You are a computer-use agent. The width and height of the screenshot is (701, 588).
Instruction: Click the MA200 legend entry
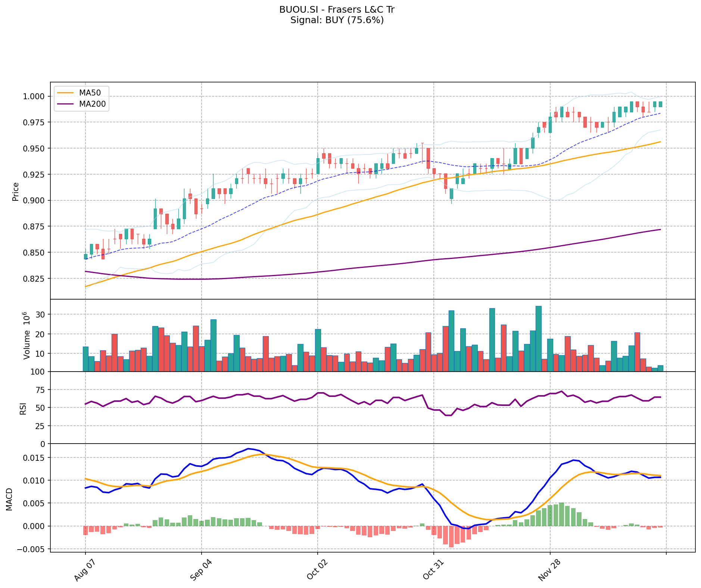[92, 104]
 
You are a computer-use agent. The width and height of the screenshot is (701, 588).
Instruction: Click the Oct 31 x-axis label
[431, 571]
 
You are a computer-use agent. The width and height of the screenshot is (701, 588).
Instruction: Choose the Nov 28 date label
[548, 571]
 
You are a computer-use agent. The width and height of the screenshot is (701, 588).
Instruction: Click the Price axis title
[16, 191]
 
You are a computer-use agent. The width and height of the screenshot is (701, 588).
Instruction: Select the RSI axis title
[23, 408]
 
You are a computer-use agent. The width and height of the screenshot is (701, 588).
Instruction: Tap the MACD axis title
[9, 499]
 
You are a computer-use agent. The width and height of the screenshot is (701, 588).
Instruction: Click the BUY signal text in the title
[337, 20]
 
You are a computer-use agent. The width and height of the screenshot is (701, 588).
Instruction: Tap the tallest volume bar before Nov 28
[538, 338]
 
